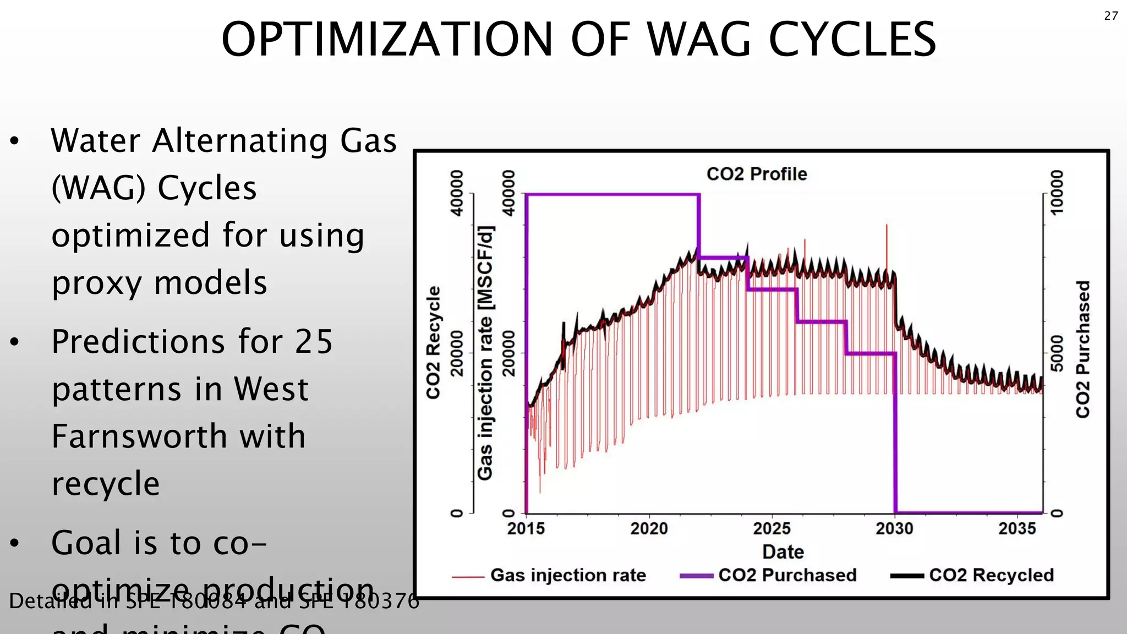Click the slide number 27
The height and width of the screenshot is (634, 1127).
pyautogui.click(x=1110, y=16)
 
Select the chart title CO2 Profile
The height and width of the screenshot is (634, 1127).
pyautogui.click(x=757, y=174)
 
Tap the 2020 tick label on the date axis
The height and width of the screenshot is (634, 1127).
pyautogui.click(x=649, y=529)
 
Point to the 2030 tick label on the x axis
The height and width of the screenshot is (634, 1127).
pyautogui.click(x=894, y=529)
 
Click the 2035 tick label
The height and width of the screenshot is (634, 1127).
pyautogui.click(x=1017, y=529)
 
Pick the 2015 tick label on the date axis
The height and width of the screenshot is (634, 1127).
pyautogui.click(x=526, y=529)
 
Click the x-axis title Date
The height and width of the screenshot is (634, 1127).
pyautogui.click(x=783, y=552)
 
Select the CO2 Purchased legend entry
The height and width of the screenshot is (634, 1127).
pyautogui.click(x=787, y=575)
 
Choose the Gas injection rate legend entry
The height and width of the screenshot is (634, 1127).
pyautogui.click(x=567, y=575)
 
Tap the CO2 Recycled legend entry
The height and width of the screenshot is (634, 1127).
pyautogui.click(x=991, y=575)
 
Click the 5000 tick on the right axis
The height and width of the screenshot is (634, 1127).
pyautogui.click(x=1057, y=353)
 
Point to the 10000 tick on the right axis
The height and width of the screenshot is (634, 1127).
pyautogui.click(x=1057, y=193)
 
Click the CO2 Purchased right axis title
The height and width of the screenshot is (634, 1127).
pyautogui.click(x=1082, y=349)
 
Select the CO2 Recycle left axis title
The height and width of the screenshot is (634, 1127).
pyautogui.click(x=434, y=342)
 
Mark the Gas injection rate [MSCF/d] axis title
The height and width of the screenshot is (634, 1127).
pyautogui.click(x=485, y=352)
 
